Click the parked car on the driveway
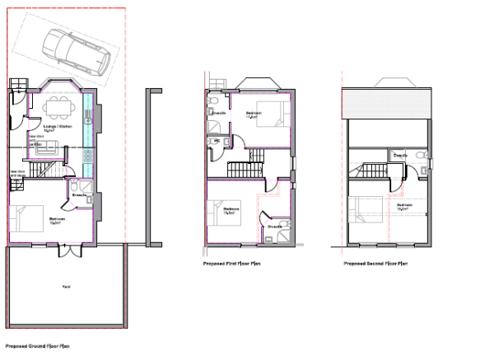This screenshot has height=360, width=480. (77, 51)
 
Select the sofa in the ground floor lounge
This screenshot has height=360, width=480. (49, 148)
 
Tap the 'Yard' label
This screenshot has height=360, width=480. (66, 286)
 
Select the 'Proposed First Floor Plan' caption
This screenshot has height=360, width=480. (231, 264)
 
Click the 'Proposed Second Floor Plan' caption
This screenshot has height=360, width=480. (375, 264)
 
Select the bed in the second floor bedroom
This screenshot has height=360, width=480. (366, 211)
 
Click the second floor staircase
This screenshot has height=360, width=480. (374, 170)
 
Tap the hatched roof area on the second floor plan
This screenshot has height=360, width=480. (388, 103)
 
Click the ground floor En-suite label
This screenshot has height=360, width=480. (80, 194)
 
